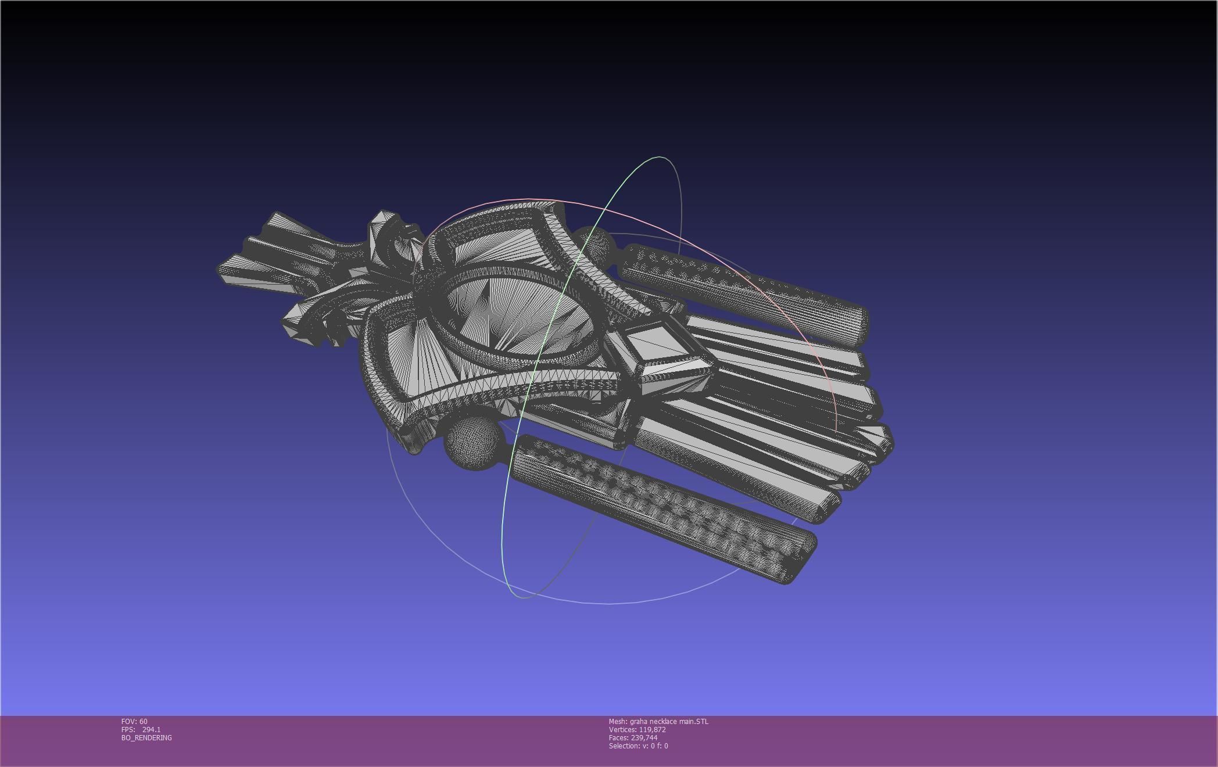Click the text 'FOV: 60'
coord(134,721)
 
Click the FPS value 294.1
coord(151,729)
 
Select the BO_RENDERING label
coord(146,737)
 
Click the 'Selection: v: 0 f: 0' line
coord(638,746)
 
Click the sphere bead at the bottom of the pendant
coord(474,443)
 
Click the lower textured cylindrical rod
coord(657,506)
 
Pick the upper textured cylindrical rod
coord(738,291)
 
